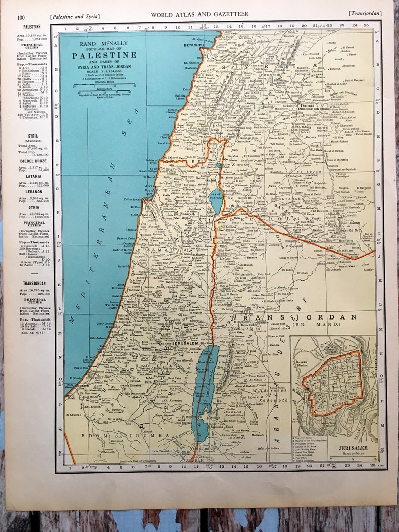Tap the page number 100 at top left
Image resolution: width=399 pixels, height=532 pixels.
pyautogui.click(x=21, y=17)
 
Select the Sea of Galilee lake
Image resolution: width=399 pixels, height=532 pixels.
pyautogui.click(x=216, y=190)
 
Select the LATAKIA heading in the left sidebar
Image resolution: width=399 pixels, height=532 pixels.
pyautogui.click(x=31, y=176)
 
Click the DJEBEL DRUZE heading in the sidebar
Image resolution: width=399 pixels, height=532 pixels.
pyautogui.click(x=31, y=161)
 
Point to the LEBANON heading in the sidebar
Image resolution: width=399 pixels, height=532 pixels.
pyautogui.click(x=31, y=191)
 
